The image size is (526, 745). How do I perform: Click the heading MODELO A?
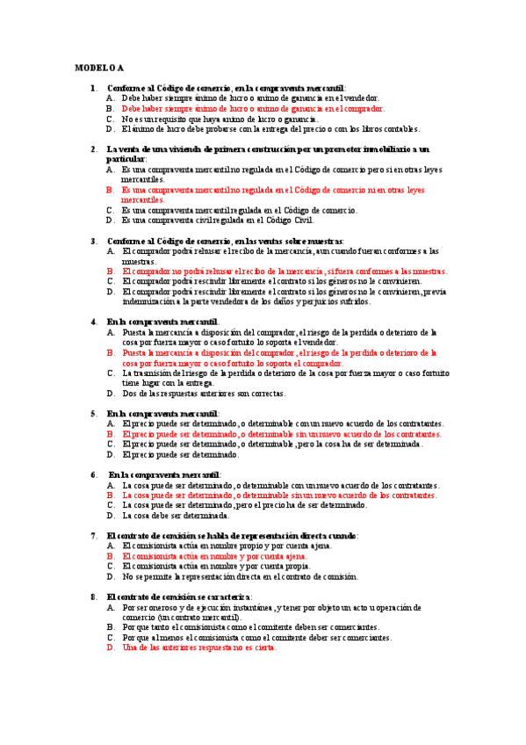coord(99,67)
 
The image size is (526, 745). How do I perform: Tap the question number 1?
coord(93,88)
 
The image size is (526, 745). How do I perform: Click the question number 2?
coord(93,148)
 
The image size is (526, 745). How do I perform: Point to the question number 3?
coord(93,241)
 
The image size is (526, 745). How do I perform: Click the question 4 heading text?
coord(162,322)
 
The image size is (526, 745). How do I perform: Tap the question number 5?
coord(93,413)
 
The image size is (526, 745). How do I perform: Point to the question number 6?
coord(93,474)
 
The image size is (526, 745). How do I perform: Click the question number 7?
coord(93,536)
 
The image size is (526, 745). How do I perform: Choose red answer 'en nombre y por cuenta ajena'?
coord(214,556)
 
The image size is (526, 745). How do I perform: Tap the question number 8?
coord(93,597)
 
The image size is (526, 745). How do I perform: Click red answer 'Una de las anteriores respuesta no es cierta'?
coord(199,647)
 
